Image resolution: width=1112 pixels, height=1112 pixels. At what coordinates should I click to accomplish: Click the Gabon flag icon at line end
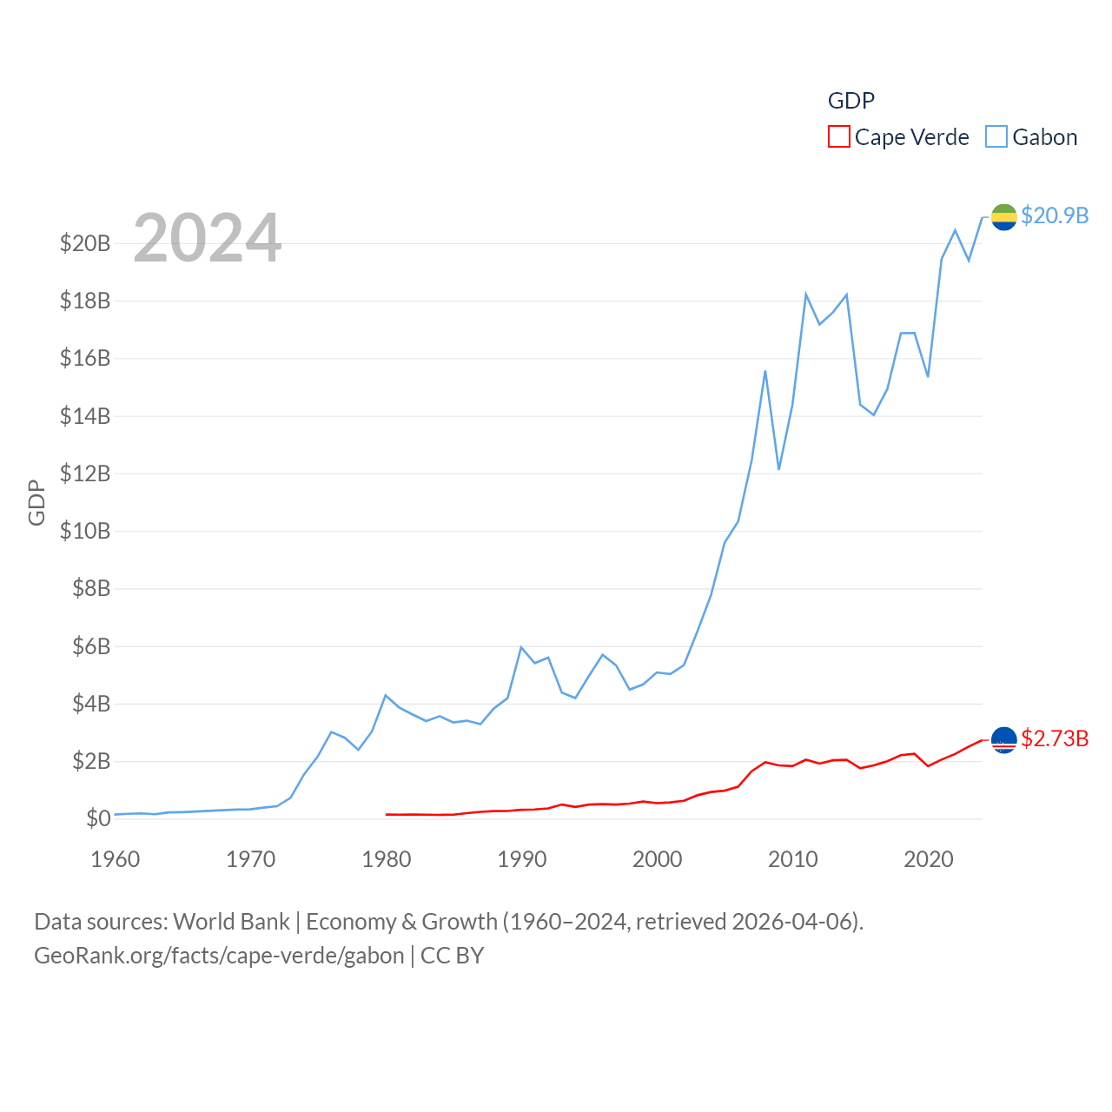coord(1003,216)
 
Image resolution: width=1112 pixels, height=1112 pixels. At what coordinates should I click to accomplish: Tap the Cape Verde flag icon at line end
coord(1003,739)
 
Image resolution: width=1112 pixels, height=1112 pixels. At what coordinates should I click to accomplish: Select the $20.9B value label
coord(1055,215)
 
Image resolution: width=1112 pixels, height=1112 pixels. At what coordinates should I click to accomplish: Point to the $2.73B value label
coord(1055,738)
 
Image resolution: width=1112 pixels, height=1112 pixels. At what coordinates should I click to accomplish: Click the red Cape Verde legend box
coord(838,137)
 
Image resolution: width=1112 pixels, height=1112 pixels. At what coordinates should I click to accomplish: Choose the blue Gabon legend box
coord(996,137)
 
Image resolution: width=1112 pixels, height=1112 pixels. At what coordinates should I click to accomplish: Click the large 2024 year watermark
coord(208,237)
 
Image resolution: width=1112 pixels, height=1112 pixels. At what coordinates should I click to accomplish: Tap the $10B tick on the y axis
coord(85,531)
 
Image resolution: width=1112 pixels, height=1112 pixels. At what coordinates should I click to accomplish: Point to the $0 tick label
coord(98,818)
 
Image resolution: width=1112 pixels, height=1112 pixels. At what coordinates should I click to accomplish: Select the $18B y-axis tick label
coord(85,301)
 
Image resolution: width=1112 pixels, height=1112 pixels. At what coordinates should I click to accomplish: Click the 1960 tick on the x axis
coord(116,859)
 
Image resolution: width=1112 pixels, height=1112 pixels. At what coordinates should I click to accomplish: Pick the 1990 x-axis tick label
coord(522,859)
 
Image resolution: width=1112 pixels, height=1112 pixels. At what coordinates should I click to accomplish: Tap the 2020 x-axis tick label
coord(929,859)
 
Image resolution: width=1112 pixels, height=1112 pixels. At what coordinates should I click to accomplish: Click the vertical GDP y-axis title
coord(36,502)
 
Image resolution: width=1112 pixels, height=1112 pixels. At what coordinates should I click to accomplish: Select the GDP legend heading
coord(851,101)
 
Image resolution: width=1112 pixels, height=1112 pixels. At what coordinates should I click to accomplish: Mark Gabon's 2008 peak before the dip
coord(765,371)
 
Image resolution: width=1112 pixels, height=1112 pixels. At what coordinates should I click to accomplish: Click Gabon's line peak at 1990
coord(521,647)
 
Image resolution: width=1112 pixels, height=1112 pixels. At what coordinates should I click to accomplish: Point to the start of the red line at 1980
coord(387,814)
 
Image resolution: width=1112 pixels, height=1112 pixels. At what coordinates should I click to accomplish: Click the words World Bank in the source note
coord(231,921)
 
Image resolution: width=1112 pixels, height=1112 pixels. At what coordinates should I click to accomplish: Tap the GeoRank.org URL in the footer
coord(219,956)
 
